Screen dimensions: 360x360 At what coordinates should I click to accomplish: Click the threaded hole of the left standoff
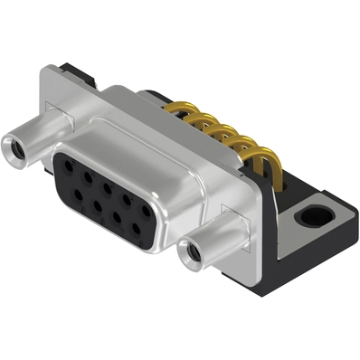tap(15, 144)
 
